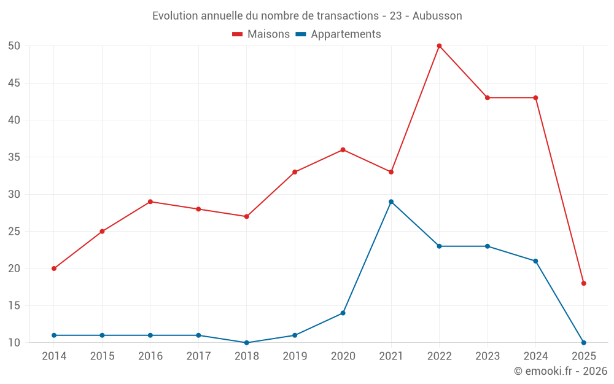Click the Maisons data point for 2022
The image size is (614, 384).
439,46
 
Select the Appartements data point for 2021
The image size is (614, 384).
391,202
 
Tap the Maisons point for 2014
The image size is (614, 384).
54,268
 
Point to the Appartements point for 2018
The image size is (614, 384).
246,342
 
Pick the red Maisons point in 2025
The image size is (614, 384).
584,283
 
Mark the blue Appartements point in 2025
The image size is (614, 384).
584,342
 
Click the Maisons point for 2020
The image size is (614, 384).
343,150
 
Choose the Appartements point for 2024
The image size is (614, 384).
535,261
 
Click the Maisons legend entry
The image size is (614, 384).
261,34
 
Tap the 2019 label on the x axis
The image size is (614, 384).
295,356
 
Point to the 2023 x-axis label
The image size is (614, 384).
488,356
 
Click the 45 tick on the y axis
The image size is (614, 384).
15,83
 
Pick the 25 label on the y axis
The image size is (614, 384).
15,232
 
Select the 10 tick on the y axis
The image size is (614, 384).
15,342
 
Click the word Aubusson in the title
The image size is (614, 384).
437,15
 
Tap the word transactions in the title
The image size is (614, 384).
348,15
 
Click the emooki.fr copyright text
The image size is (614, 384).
561,371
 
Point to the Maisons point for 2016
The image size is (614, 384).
150,202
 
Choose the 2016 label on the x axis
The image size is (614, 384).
150,356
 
